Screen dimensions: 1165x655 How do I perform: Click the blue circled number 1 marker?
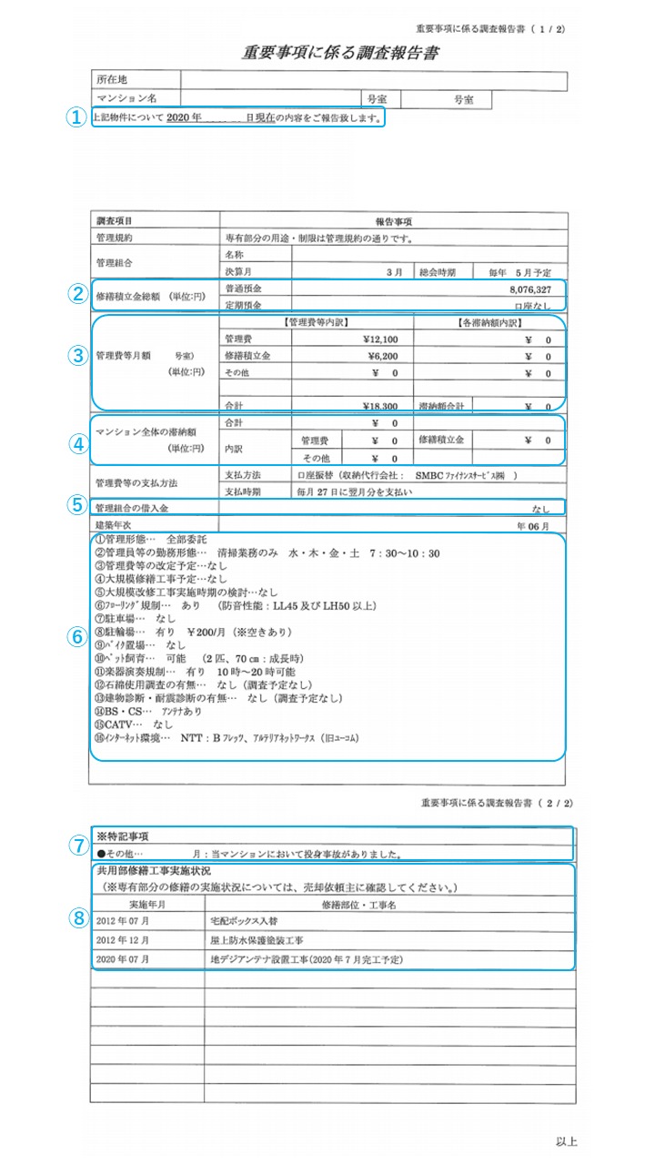79,117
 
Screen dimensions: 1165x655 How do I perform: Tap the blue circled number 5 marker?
79,506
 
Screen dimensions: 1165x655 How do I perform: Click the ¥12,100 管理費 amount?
375,339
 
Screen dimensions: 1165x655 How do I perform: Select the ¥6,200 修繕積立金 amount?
378,356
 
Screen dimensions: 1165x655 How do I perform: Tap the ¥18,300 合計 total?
375,406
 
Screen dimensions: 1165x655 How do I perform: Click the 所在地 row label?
113,80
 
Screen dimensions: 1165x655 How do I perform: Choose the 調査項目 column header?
114,221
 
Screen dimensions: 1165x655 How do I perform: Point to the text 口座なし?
532,306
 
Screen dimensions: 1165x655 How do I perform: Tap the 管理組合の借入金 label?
132,507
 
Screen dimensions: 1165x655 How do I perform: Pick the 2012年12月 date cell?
122,940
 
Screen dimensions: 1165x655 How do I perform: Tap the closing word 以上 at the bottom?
566,1141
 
